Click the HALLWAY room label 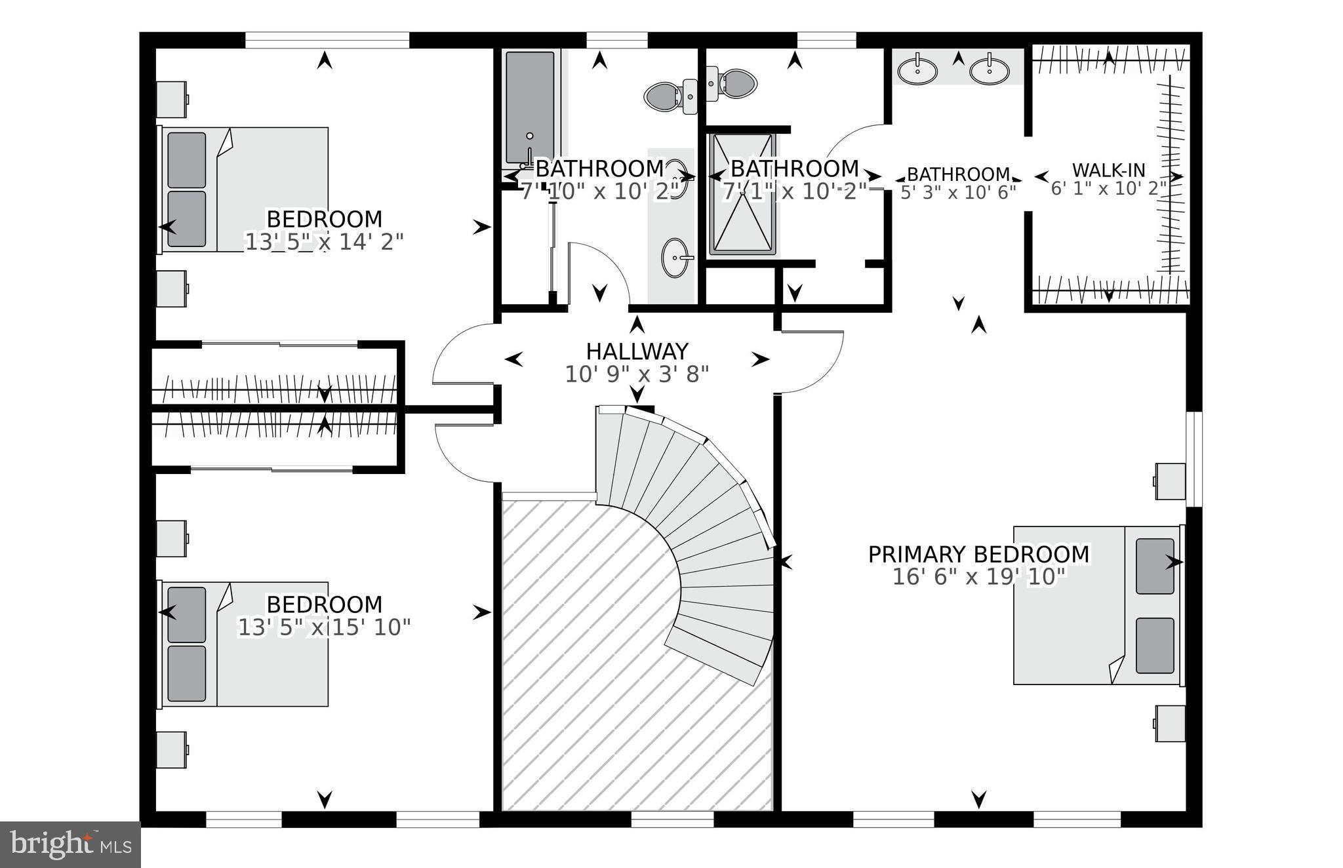point(637,351)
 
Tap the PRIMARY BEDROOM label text point(978,555)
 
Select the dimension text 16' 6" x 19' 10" point(978,578)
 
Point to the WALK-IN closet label point(1108,170)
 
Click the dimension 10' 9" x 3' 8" point(637,374)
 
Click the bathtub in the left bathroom point(530,108)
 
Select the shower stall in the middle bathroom point(742,195)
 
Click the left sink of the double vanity point(917,71)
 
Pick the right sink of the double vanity point(989,71)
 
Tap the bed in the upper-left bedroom point(245,189)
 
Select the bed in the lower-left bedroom point(245,644)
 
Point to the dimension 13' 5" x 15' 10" point(323,627)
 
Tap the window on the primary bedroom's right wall point(1194,459)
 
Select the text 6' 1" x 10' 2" point(1108,189)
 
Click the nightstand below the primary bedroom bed point(1170,723)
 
